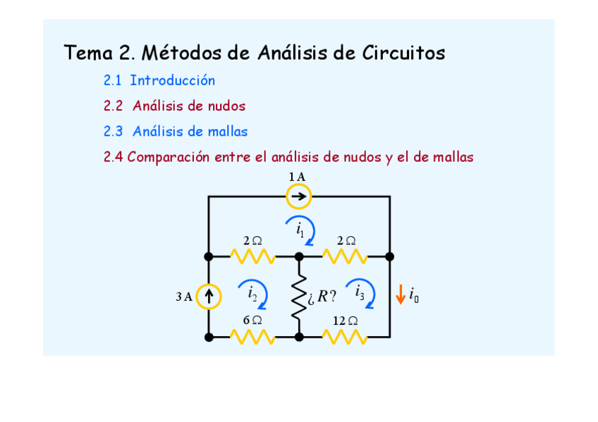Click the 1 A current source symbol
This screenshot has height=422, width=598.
coord(298,197)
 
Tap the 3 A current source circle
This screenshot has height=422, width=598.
coord(209,297)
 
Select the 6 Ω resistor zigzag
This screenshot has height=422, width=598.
coord(253,337)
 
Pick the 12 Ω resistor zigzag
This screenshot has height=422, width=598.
coord(345,337)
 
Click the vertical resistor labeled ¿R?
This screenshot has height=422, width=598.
coord(299,297)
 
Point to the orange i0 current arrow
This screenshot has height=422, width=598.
coord(400,294)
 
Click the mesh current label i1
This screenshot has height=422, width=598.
coord(300,229)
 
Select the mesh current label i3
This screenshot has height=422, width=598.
coord(360,291)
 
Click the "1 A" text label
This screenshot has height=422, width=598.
coord(297,177)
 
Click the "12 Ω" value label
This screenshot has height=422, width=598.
coord(345,321)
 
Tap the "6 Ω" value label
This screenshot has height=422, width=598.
coord(252,320)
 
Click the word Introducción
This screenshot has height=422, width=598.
coord(172,81)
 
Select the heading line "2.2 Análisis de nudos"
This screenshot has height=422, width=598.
coord(174,106)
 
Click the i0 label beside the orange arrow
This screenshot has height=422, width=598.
coord(414,296)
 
